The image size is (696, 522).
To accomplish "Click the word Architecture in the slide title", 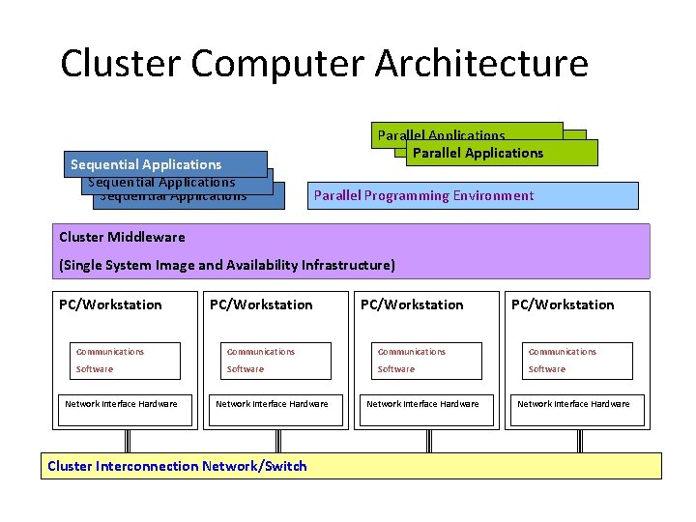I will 480,64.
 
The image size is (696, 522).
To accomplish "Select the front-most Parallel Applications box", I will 501,153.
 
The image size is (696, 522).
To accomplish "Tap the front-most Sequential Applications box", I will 165,164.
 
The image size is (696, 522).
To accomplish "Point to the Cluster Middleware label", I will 122,237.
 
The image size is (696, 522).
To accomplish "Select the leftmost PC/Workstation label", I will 110,304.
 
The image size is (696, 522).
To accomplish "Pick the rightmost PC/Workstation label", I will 563,304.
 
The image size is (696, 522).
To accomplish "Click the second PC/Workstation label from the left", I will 261,304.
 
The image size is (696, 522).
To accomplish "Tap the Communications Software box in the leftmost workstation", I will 125,361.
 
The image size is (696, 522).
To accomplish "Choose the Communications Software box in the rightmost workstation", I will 577,361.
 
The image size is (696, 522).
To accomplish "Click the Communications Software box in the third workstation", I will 426,361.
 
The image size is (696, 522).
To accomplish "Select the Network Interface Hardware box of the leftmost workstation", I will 121,404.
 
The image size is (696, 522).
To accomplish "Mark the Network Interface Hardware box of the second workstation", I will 272,404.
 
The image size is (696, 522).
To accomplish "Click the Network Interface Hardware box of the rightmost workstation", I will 573,404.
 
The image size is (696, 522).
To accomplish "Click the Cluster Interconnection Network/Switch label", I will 177,466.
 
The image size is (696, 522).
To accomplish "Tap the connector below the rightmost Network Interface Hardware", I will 580,441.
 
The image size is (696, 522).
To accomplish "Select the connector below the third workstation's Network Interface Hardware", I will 429,441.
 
